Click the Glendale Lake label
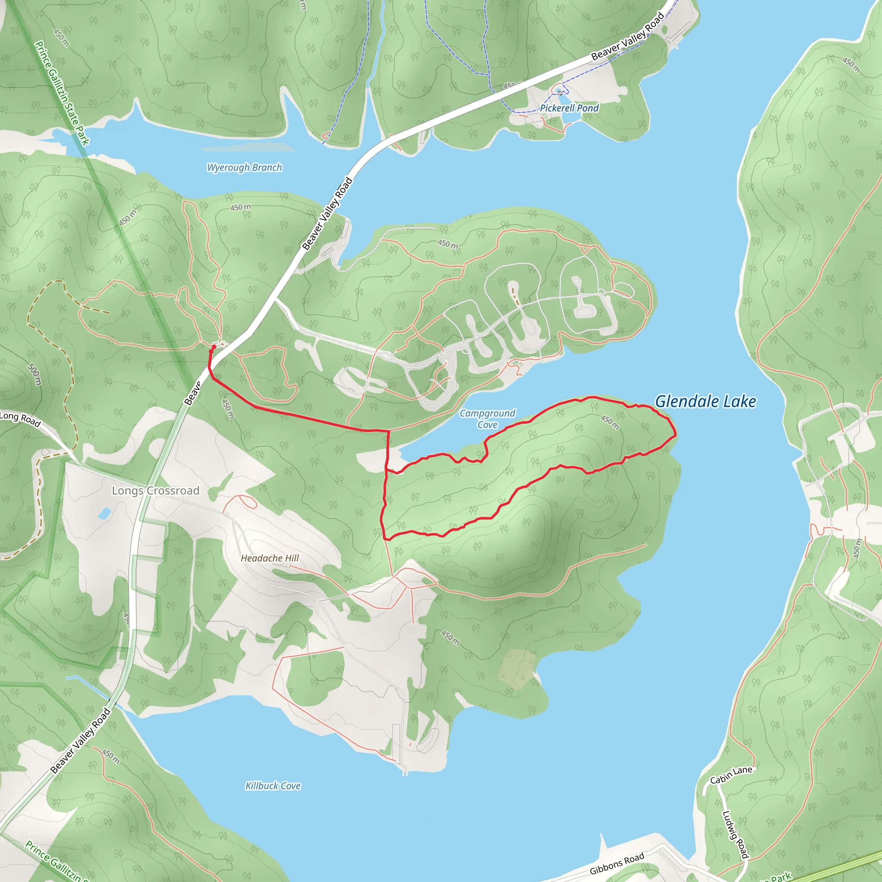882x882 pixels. tap(705, 402)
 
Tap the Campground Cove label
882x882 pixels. tap(487, 419)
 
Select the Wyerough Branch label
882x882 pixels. tap(245, 168)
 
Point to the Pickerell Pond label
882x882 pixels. tap(569, 108)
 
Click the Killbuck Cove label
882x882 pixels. tap(273, 786)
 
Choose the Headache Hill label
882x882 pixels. tap(270, 558)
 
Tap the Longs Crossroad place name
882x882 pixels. tap(155, 491)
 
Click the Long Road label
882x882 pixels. tap(21, 419)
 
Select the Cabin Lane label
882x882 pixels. tap(731, 775)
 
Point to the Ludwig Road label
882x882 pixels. tap(736, 834)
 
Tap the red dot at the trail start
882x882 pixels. tap(214, 347)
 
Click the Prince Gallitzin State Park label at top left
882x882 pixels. tap(62, 93)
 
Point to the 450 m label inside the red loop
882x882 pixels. tap(610, 422)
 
